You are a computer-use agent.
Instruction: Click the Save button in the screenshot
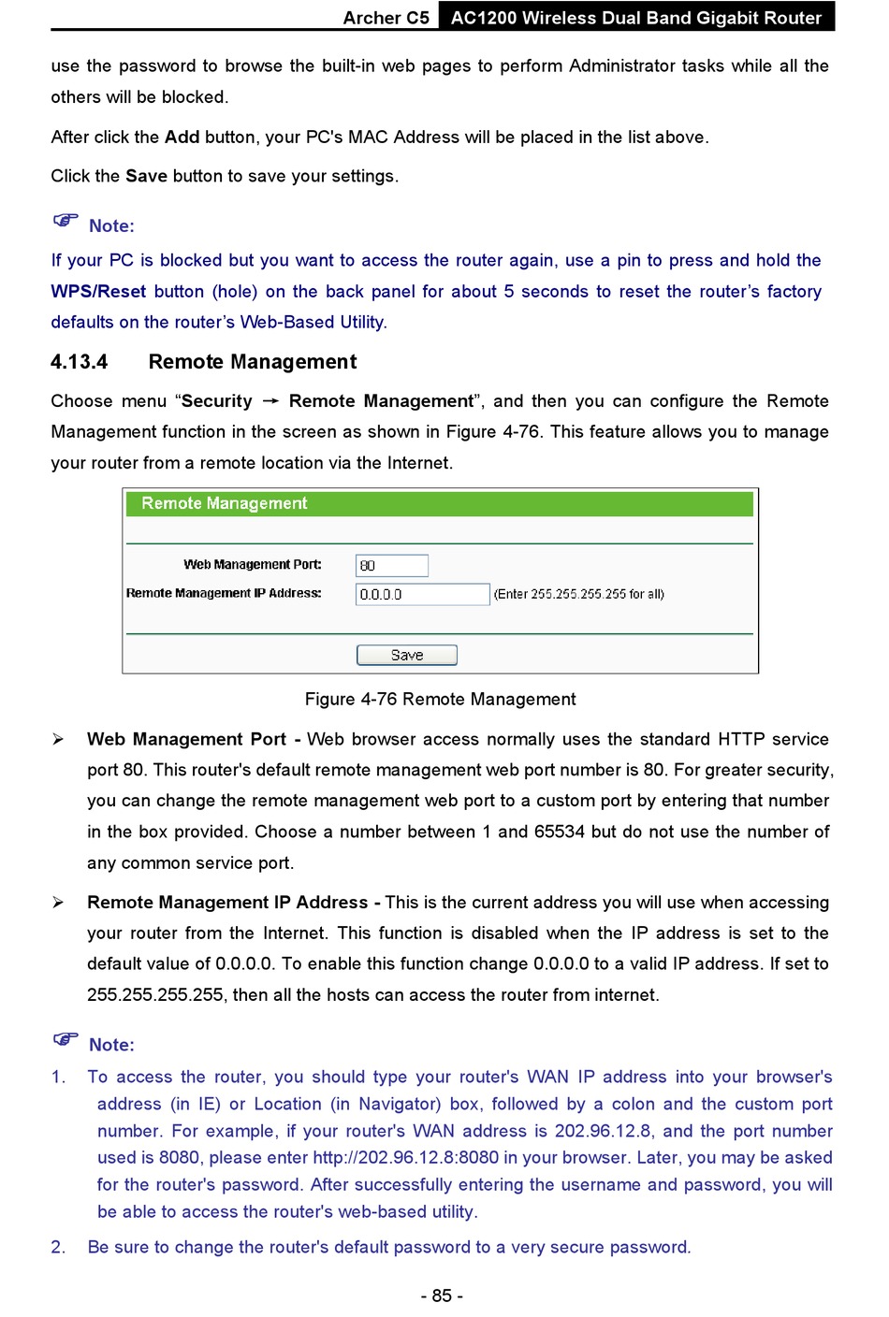pyautogui.click(x=407, y=655)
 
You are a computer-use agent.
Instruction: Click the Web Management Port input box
pyautogui.click(x=392, y=565)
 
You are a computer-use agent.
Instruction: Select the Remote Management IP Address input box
pyautogui.click(x=422, y=594)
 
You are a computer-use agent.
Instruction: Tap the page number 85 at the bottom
pyautogui.click(x=442, y=1295)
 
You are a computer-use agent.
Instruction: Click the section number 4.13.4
pyautogui.click(x=80, y=362)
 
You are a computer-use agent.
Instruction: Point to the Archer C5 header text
pyautogui.click(x=386, y=18)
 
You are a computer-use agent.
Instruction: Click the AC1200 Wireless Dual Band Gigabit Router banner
pyautogui.click(x=636, y=18)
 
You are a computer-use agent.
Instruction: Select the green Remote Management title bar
pyautogui.click(x=440, y=503)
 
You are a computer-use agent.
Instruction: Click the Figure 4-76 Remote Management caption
pyautogui.click(x=440, y=699)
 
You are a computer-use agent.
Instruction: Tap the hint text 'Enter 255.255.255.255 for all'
pyautogui.click(x=579, y=594)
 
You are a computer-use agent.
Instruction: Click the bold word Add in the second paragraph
pyautogui.click(x=182, y=137)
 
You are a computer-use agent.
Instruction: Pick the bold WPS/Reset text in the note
pyautogui.click(x=98, y=291)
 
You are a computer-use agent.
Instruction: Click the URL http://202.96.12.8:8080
pyautogui.click(x=406, y=1157)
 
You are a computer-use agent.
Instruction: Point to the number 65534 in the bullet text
pyautogui.click(x=560, y=832)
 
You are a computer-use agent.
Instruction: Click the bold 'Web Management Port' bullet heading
pyautogui.click(x=186, y=739)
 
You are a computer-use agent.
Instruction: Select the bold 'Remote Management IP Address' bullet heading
pyautogui.click(x=227, y=902)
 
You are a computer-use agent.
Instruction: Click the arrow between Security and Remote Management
pyautogui.click(x=270, y=401)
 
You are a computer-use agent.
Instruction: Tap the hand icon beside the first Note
pyautogui.click(x=66, y=222)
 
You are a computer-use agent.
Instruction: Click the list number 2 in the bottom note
pyautogui.click(x=58, y=1247)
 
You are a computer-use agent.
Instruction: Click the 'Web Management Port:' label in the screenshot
pyautogui.click(x=253, y=564)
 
